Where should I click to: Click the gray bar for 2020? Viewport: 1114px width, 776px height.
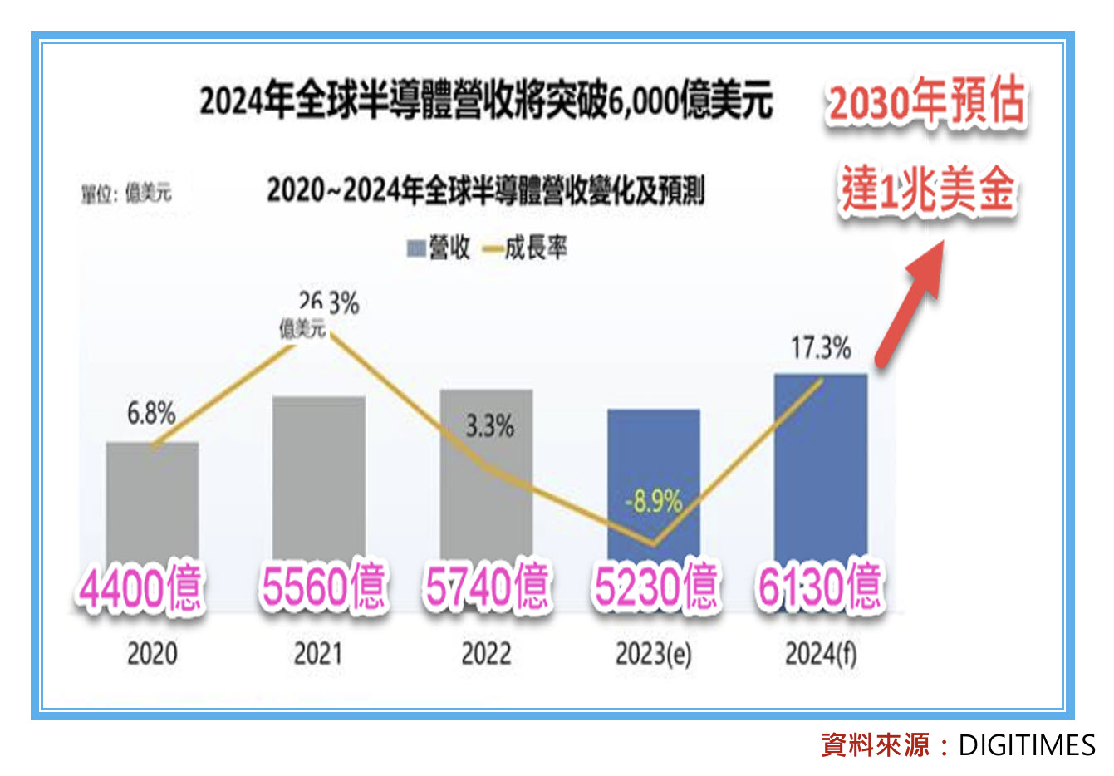pyautogui.click(x=152, y=499)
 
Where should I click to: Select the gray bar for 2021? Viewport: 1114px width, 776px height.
pyautogui.click(x=319, y=474)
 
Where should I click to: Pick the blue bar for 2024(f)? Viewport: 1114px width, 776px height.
pyautogui.click(x=821, y=465)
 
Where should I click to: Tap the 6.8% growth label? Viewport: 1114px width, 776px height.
pyautogui.click(x=151, y=413)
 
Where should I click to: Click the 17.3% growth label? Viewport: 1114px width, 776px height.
pyautogui.click(x=821, y=347)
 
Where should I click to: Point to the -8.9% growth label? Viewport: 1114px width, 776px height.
pyautogui.click(x=653, y=501)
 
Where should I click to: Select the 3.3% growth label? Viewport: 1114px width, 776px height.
pyautogui.click(x=489, y=426)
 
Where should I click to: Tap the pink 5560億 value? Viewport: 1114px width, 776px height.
pyautogui.click(x=324, y=587)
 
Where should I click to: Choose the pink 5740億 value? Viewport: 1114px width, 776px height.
pyautogui.click(x=487, y=587)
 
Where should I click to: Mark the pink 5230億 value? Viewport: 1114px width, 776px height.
pyautogui.click(x=655, y=587)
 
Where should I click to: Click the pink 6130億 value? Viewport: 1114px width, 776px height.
pyautogui.click(x=819, y=587)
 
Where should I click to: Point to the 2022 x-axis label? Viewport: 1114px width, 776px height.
pyautogui.click(x=486, y=654)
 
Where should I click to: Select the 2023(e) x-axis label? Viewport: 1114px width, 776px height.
pyautogui.click(x=653, y=655)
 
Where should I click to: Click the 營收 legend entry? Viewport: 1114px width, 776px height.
pyautogui.click(x=439, y=248)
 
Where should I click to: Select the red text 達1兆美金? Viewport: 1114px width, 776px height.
pyautogui.click(x=927, y=189)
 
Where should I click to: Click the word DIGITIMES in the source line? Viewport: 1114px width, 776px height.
pyautogui.click(x=1027, y=745)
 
